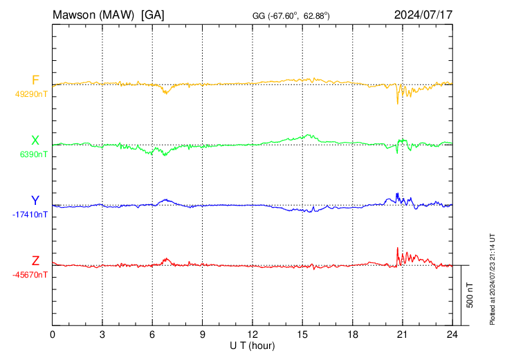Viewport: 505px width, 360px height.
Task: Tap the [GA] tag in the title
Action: click(152, 14)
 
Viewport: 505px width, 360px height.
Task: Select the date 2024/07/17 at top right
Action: click(423, 14)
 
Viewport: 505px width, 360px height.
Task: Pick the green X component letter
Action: click(35, 141)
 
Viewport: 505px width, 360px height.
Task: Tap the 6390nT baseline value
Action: click(33, 154)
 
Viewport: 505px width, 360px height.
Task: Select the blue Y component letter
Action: click(35, 201)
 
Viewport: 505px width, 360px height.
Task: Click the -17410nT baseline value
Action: click(30, 215)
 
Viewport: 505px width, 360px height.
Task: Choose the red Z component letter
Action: click(35, 261)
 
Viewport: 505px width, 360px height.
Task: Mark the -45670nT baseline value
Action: click(30, 275)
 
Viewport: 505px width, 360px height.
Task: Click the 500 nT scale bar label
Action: click(470, 295)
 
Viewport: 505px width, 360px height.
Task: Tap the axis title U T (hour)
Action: click(252, 345)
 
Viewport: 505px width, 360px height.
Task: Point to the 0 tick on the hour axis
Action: click(53, 334)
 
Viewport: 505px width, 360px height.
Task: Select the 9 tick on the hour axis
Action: click(203, 334)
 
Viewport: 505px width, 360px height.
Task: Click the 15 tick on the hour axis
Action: click(302, 334)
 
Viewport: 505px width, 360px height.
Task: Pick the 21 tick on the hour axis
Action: click(402, 334)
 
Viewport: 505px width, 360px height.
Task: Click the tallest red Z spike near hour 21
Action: click(397, 248)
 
